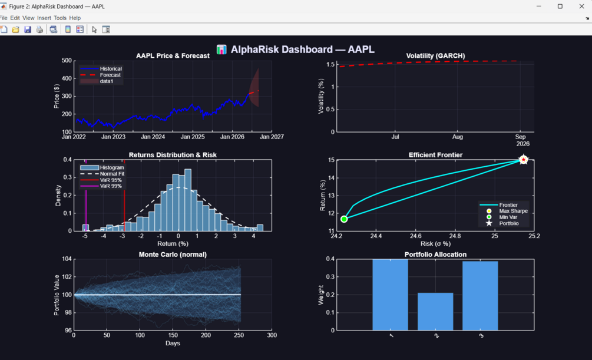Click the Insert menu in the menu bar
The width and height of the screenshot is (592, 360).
[44, 18]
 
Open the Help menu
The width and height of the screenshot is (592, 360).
[75, 18]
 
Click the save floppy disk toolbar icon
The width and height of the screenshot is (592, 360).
[28, 29]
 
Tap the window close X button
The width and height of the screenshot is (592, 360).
[581, 6]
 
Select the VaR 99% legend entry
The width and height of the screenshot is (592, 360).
[101, 186]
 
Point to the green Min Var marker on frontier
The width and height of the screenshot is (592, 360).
[344, 219]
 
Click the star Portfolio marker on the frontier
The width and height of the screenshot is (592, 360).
[523, 160]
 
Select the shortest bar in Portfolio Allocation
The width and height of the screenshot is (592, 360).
[435, 312]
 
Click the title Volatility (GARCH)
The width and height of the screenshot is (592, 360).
[435, 55]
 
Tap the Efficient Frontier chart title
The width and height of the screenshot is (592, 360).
[435, 155]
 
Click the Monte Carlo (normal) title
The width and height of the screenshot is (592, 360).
[173, 255]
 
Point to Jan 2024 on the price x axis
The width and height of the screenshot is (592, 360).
[153, 137]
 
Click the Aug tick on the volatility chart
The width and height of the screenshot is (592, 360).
[457, 137]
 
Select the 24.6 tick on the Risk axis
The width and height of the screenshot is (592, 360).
[415, 236]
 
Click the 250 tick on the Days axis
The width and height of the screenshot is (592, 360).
[239, 335]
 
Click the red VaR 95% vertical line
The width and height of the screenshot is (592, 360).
[124, 195]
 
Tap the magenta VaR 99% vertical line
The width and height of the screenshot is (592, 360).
[85, 195]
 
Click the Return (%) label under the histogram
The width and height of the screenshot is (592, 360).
[173, 244]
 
